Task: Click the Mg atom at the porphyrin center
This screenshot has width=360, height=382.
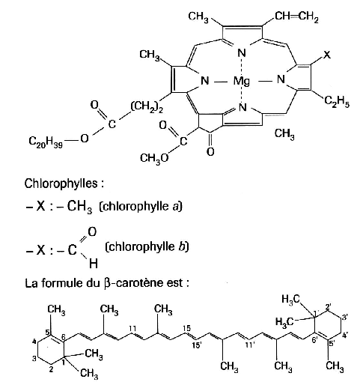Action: tap(241, 82)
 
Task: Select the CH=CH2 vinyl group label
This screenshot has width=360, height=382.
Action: tap(296, 17)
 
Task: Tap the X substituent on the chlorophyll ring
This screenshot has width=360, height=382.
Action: tap(327, 55)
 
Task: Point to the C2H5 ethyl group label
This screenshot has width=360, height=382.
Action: tap(337, 102)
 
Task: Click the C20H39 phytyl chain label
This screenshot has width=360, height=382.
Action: tap(46, 142)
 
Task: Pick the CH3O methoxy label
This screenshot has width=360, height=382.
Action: tap(154, 158)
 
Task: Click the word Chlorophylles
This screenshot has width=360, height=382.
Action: tap(61, 184)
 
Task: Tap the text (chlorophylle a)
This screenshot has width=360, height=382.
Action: tap(141, 207)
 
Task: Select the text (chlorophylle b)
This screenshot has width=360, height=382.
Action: tap(147, 247)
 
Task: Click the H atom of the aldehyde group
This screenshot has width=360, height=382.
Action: tap(94, 264)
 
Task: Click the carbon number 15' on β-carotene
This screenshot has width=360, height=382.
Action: tap(197, 346)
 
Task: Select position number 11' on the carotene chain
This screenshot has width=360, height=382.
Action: tap(250, 345)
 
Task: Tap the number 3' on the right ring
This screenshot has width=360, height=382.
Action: tap(344, 318)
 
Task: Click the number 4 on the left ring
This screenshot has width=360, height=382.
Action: tap(34, 341)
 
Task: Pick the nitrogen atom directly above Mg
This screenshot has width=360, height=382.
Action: tap(242, 53)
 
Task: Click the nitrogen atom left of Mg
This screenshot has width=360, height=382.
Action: tap(205, 81)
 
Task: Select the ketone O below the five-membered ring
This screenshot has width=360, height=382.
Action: tap(211, 151)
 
